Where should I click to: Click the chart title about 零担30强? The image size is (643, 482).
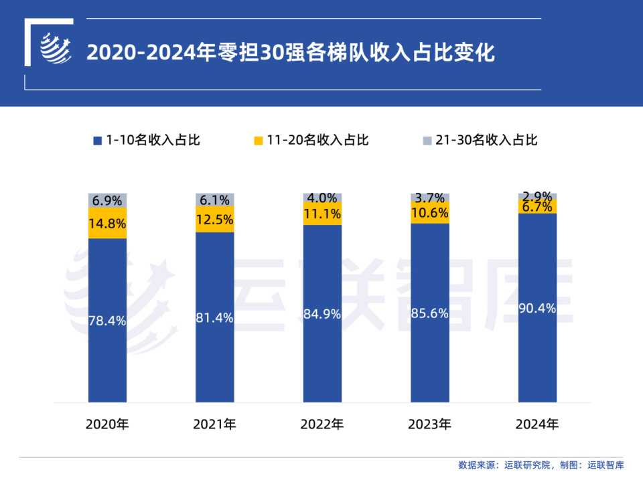[x=291, y=52]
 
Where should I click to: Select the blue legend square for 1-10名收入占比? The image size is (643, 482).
[x=97, y=141]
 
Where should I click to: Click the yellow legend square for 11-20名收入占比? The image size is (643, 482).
[x=258, y=141]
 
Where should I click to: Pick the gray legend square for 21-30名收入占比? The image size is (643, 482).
[x=427, y=141]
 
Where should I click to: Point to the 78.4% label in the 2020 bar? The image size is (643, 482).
[x=107, y=321]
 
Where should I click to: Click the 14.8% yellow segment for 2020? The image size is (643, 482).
[x=107, y=224]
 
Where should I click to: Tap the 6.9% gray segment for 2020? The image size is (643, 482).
[x=107, y=200]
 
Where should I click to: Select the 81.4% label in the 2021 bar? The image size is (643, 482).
[x=214, y=318]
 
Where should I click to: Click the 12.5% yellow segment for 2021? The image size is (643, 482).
[x=214, y=219]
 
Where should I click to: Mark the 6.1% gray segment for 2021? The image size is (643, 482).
[x=214, y=199]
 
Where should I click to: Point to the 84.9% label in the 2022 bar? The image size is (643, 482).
[x=322, y=313]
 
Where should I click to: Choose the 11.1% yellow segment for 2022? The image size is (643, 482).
[x=322, y=214]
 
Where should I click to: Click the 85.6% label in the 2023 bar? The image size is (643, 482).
[x=429, y=312]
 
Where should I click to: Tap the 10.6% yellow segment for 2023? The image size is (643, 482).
[x=429, y=213]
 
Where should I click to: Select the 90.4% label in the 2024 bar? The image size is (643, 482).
[x=537, y=307]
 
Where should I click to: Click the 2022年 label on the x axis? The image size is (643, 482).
[x=322, y=424]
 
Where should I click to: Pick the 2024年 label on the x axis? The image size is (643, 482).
[x=537, y=424]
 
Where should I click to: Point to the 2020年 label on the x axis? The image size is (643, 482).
[x=107, y=424]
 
